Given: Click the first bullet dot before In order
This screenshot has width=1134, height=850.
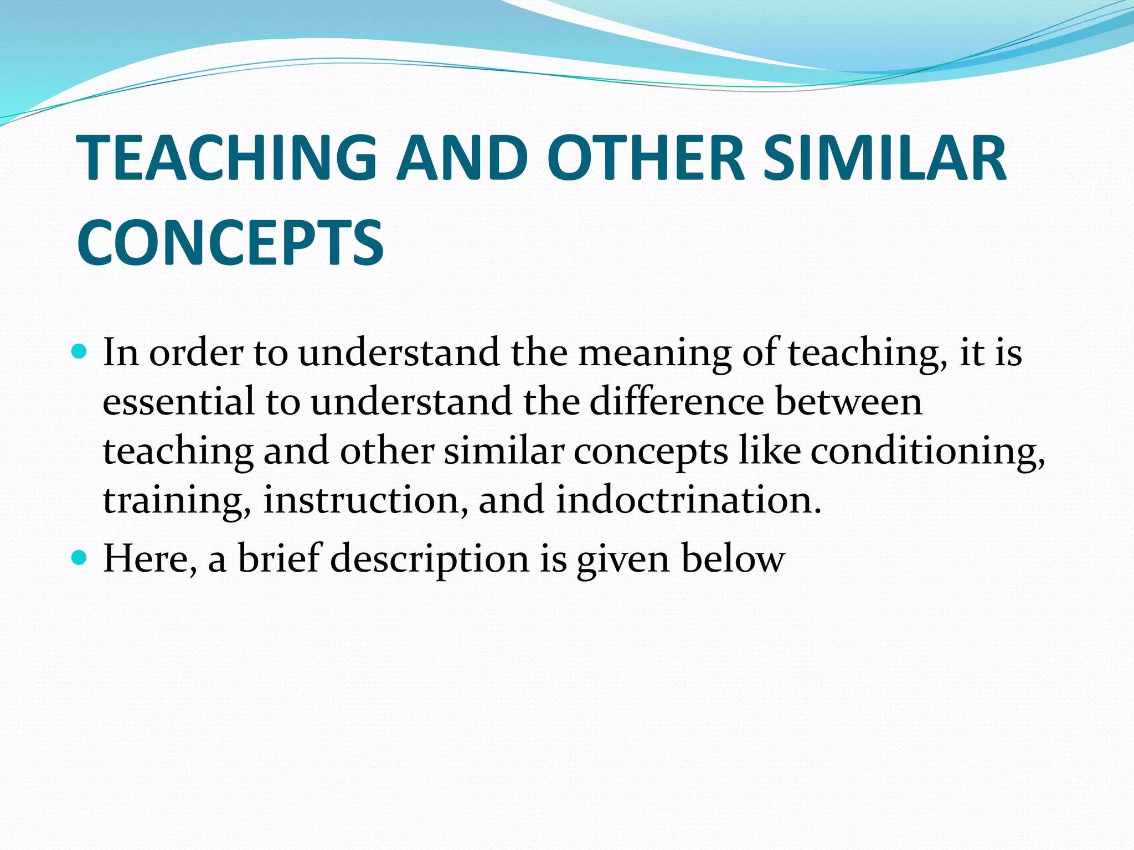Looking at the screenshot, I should (80, 351).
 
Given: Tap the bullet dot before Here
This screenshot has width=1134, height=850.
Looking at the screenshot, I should (80, 557).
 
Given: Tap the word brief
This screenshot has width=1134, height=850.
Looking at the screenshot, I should (280, 557).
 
